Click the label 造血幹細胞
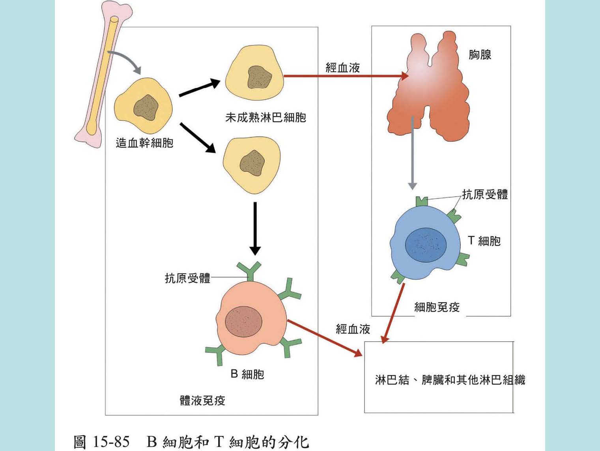144,142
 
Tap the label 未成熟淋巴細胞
265,117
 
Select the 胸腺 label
480,54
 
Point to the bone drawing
103,71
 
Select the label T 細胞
484,241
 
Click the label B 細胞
247,374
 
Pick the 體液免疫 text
202,400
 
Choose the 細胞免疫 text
437,307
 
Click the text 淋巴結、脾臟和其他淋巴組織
450,380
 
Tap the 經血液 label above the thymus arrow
342,68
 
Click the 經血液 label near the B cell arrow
353,329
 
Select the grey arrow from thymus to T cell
412,154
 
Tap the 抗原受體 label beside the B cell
187,278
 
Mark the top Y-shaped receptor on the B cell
249,270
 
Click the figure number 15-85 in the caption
111,442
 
